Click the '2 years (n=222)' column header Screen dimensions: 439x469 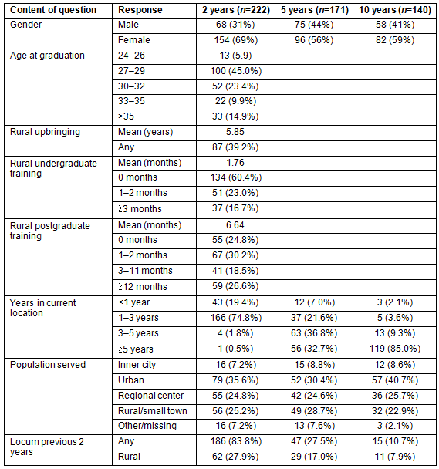click(x=236, y=10)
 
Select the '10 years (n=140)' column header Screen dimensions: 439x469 click(x=395, y=10)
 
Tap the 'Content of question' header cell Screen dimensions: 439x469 click(x=53, y=10)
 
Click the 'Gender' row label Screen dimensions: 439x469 click(x=25, y=25)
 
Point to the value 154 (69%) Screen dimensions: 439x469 click(x=236, y=40)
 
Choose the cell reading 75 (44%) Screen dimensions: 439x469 click(x=314, y=25)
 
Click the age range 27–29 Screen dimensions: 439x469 click(x=131, y=71)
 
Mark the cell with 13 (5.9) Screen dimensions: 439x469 click(x=236, y=56)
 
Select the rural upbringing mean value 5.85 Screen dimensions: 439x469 click(x=235, y=132)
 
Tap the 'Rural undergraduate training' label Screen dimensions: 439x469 click(x=53, y=168)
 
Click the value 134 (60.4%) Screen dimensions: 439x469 click(x=236, y=177)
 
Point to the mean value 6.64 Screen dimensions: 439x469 click(x=235, y=225)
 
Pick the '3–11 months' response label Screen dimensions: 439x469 click(x=145, y=271)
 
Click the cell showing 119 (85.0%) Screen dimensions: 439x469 click(x=395, y=349)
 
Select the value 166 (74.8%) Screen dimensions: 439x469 click(x=236, y=318)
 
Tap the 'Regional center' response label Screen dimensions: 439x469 click(x=150, y=396)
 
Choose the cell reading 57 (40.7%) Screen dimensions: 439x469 click(x=395, y=380)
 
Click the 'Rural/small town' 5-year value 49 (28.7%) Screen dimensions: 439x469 click(x=314, y=411)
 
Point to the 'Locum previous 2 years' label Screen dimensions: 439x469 click(x=47, y=447)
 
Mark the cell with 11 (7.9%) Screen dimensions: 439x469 click(x=395, y=457)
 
